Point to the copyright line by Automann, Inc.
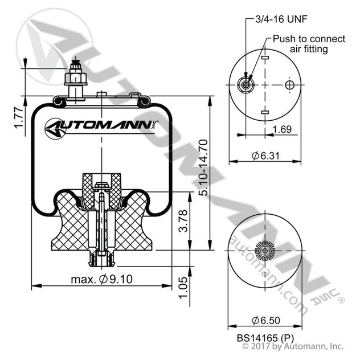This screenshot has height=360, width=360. tap(293, 346)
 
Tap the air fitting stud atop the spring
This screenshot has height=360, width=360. tap(75, 79)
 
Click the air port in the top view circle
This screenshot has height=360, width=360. tap(246, 85)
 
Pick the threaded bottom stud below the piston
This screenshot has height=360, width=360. tap(101, 260)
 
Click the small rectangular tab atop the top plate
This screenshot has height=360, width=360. tap(101, 95)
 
